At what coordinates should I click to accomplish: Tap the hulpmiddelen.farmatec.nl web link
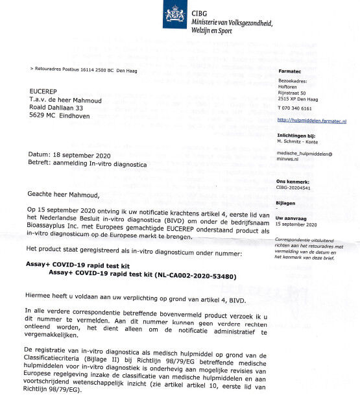(x=311, y=121)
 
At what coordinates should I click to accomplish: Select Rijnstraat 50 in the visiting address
(x=294, y=94)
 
